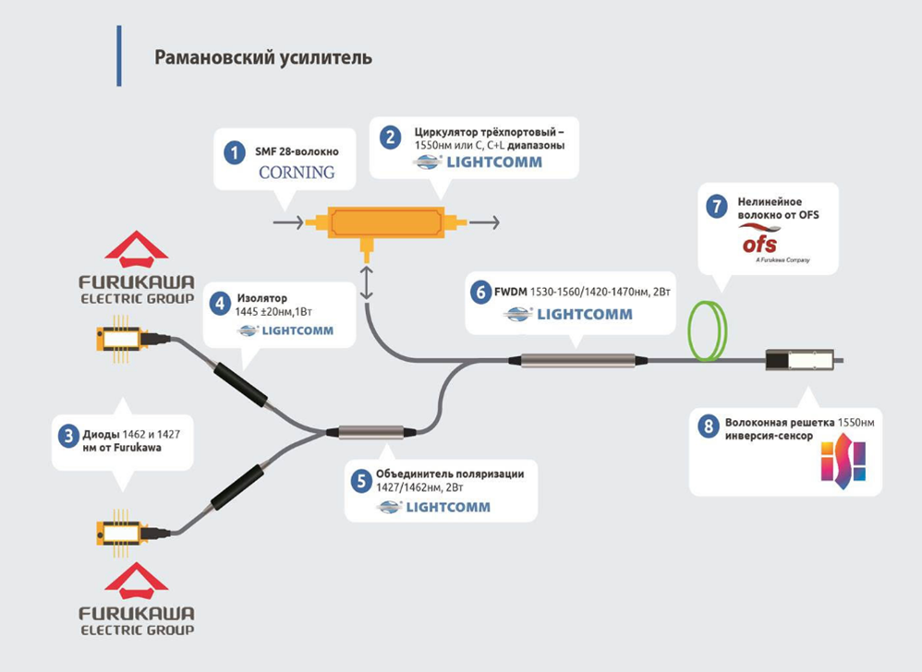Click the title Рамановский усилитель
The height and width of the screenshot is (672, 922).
tap(263, 57)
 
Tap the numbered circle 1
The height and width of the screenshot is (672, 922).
tap(236, 151)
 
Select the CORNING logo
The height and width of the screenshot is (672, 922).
tap(296, 173)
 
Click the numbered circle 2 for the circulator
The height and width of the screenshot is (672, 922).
tap(391, 138)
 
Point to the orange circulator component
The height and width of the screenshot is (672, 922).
tap(387, 222)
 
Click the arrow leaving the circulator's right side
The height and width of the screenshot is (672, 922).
tap(485, 222)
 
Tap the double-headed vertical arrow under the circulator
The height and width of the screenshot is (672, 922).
tap(368, 281)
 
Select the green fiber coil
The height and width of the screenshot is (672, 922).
tap(709, 329)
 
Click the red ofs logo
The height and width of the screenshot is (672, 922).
tap(759, 242)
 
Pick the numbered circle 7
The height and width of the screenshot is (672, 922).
tap(716, 207)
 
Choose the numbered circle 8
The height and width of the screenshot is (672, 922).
tap(708, 426)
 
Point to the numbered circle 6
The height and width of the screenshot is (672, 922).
tap(479, 293)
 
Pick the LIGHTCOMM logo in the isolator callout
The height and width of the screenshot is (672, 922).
tap(285, 330)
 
